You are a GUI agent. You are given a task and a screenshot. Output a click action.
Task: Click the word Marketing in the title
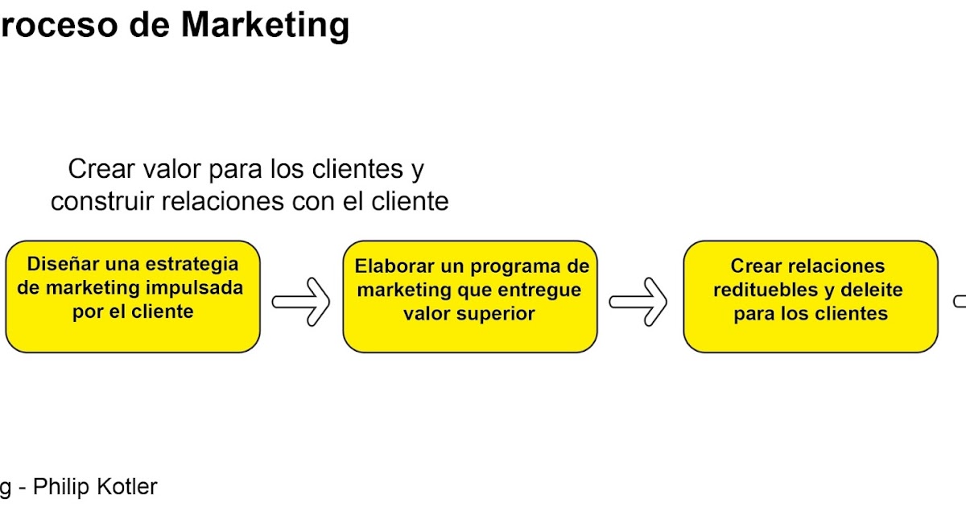tap(265, 26)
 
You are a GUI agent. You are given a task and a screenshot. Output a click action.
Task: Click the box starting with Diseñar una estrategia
tap(133, 296)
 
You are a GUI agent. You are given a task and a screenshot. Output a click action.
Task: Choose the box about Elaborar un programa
tap(469, 296)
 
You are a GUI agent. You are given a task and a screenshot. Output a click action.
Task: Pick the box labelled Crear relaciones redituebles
tap(810, 296)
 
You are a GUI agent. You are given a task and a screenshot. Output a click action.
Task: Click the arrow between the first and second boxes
tap(301, 302)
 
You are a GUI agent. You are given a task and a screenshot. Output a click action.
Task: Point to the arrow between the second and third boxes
tap(638, 302)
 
